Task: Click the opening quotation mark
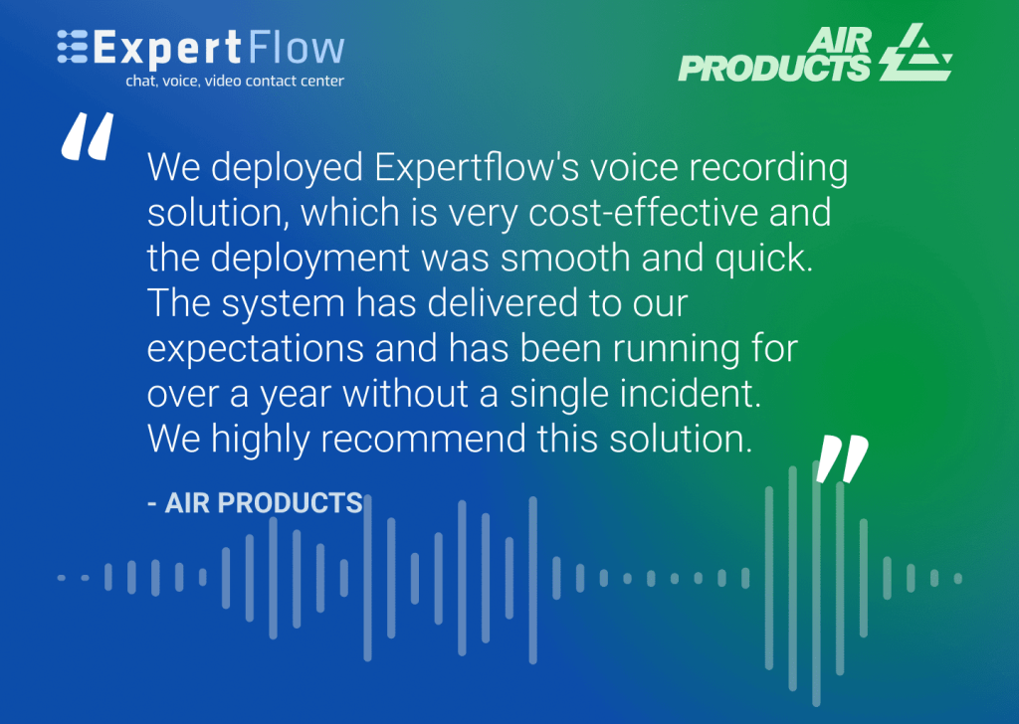pos(88,136)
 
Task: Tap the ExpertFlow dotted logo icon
pos(72,47)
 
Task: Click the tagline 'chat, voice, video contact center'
pos(235,82)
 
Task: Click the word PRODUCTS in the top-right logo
pos(774,69)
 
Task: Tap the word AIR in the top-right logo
pos(839,41)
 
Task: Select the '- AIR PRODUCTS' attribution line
pos(255,502)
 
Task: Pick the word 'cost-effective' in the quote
pos(644,213)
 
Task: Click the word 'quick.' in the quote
pos(764,260)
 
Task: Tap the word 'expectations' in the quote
pos(256,349)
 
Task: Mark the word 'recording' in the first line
pos(768,168)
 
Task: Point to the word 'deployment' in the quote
pos(310,260)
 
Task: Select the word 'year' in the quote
pos(296,396)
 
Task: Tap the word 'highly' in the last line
pos(260,441)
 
